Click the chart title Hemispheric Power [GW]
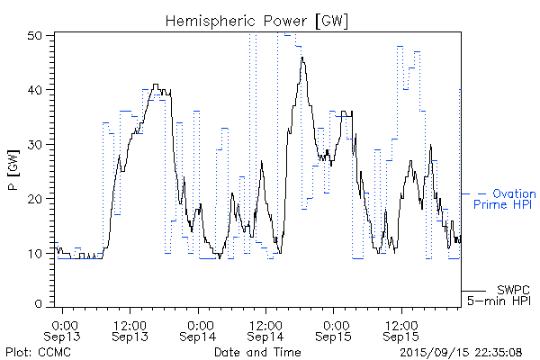click(256, 20)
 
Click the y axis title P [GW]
click(13, 171)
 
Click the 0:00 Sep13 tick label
click(64, 329)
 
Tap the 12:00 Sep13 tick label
click(130, 329)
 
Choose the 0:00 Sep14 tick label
click(200, 329)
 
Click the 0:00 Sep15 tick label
click(335, 329)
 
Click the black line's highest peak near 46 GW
click(302, 58)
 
